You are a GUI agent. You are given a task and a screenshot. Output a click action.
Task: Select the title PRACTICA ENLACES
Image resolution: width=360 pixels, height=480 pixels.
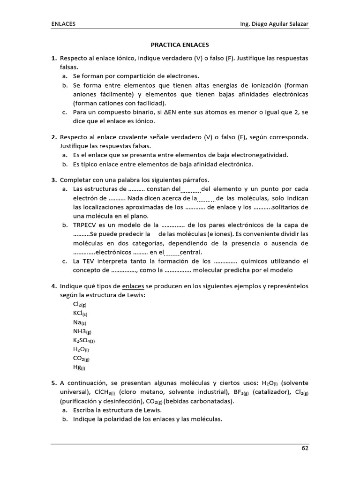(x=180, y=45)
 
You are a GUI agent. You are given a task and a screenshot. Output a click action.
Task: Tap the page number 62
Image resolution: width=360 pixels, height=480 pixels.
(x=305, y=448)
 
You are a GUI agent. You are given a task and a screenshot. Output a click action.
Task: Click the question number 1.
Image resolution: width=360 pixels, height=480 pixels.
(x=54, y=58)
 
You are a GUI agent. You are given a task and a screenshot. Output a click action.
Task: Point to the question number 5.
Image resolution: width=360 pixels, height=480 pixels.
(x=54, y=383)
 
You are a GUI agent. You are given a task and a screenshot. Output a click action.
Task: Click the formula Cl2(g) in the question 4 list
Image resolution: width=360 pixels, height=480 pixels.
(x=80, y=304)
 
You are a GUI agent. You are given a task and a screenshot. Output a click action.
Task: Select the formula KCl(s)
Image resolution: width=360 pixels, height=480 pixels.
(x=80, y=313)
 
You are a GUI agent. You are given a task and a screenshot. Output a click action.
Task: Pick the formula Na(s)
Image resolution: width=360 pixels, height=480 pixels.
(x=79, y=322)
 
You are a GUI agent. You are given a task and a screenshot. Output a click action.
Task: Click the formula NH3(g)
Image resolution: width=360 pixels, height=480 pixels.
(x=82, y=331)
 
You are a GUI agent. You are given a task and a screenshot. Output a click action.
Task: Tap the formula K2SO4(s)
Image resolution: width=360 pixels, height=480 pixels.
(x=83, y=341)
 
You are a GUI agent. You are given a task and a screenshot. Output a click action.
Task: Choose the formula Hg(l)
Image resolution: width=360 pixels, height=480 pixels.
(x=79, y=368)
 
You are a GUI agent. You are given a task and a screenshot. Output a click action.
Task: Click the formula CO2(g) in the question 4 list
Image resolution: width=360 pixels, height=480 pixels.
(x=81, y=359)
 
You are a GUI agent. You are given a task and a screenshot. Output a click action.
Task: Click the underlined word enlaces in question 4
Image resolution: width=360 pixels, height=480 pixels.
(x=133, y=286)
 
